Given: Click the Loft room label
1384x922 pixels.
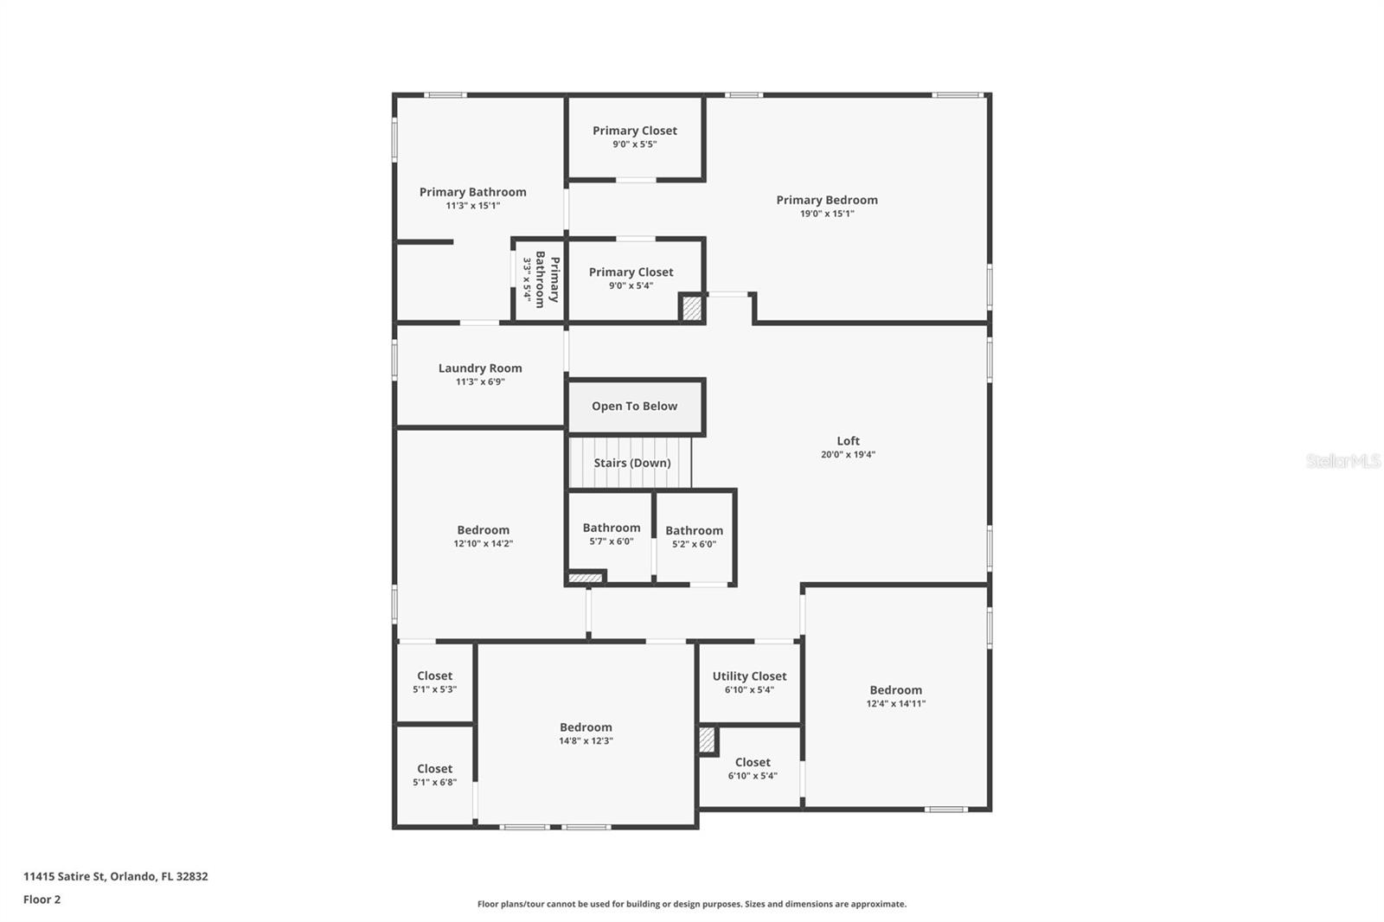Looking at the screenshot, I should point(848,441).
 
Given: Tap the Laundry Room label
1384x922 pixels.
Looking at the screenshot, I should point(480,368).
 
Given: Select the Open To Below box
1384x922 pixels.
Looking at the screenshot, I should point(635,407).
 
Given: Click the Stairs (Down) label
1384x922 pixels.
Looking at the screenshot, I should point(631,463).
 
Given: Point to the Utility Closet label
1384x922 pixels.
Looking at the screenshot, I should point(749,676).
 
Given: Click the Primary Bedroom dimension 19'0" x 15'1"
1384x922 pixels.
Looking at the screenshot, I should point(827,214).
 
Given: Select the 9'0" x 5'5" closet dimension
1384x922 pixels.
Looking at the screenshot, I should point(635,144).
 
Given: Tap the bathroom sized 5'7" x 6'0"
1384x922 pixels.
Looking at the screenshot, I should point(611,535).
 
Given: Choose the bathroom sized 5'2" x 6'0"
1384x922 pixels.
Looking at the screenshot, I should point(694,537).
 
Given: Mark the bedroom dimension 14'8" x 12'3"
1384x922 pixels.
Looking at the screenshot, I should point(586,741).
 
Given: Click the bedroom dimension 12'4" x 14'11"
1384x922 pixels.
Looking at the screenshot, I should point(896,704).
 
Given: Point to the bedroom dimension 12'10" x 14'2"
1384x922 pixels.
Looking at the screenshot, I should point(483,544).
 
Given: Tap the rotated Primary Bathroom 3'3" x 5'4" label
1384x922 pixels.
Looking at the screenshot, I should point(541,279).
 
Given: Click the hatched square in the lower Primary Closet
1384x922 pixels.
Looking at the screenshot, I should point(691,309).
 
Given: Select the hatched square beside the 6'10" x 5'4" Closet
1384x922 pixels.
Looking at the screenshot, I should point(707,740).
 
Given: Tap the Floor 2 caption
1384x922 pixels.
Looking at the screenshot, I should point(42,900).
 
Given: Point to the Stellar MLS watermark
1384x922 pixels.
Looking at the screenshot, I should point(1342,461).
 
